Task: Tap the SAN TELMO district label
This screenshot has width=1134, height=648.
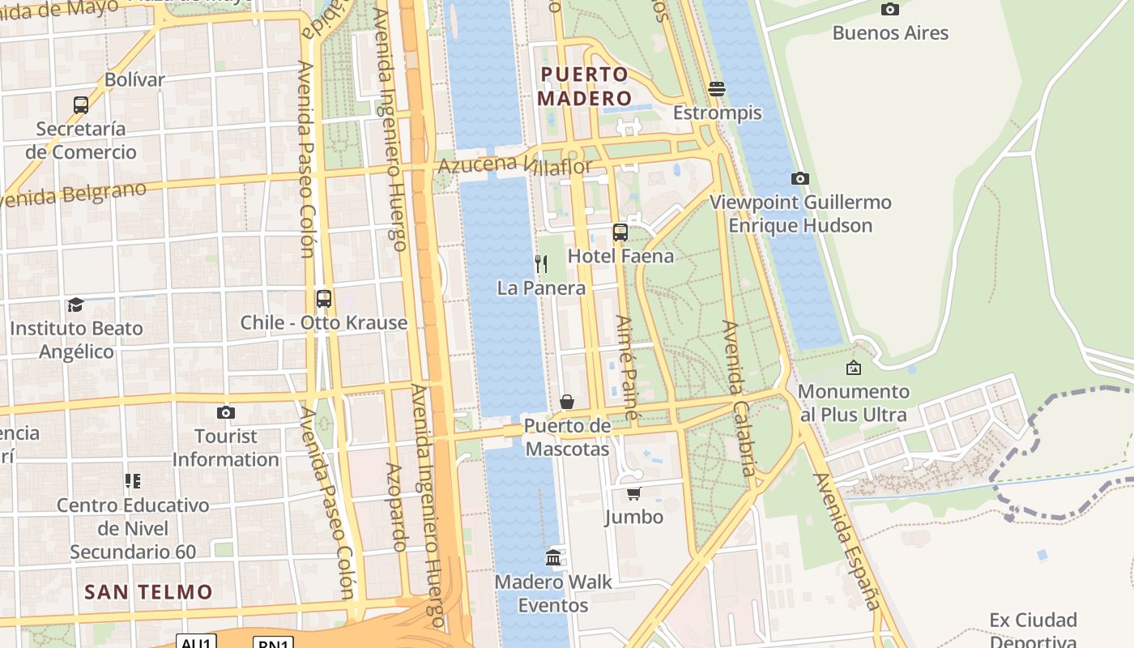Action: [x=148, y=592]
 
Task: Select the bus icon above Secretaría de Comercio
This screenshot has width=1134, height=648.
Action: [x=80, y=105]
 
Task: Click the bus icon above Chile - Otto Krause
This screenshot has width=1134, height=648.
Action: [x=324, y=299]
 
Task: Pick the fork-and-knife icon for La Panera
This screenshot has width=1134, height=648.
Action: [x=541, y=264]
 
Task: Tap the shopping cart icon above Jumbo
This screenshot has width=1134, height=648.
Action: [x=633, y=493]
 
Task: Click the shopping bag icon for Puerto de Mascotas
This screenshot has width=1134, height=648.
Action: [x=567, y=402]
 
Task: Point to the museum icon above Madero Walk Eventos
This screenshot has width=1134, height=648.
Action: [x=553, y=557]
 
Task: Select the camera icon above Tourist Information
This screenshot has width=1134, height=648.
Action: [x=226, y=412]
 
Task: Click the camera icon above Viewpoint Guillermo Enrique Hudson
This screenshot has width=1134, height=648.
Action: [x=800, y=178]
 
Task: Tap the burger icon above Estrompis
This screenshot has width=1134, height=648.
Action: [x=717, y=88]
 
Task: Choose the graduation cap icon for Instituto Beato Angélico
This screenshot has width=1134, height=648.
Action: [x=76, y=305]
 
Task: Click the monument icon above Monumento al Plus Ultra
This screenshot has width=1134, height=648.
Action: [x=854, y=368]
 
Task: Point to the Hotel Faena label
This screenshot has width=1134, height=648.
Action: [x=620, y=256]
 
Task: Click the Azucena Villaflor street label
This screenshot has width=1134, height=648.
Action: [x=515, y=165]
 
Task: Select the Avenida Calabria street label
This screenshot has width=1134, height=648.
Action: [x=740, y=399]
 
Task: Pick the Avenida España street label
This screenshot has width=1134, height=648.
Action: [x=847, y=540]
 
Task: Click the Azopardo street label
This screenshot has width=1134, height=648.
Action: [x=395, y=507]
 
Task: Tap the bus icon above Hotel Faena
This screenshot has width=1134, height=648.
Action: [x=620, y=232]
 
